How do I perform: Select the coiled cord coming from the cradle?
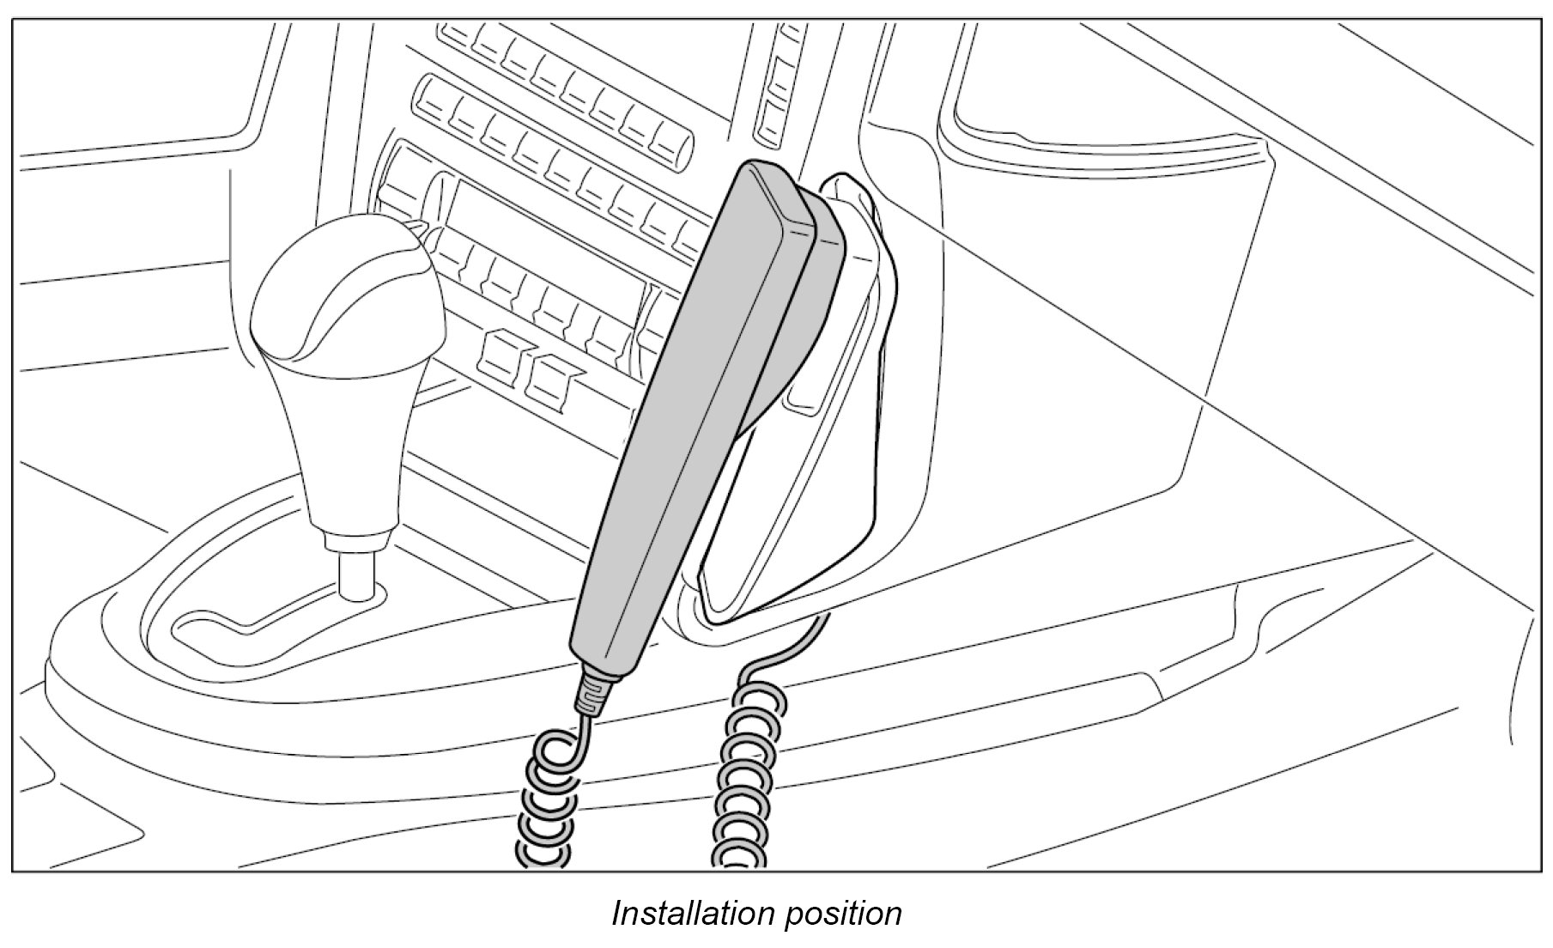(744, 773)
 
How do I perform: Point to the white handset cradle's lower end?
(755, 584)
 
